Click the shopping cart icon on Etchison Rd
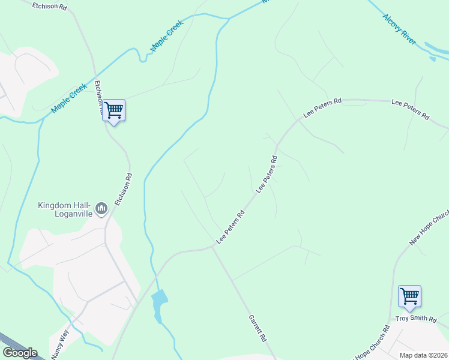[113, 110]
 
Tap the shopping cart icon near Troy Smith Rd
[409, 296]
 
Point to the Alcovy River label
[400, 27]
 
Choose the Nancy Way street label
[60, 344]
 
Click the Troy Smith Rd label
[416, 319]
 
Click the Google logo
[20, 353]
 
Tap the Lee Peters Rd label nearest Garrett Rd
[231, 227]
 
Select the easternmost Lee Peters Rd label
[411, 109]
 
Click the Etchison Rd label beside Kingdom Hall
[123, 190]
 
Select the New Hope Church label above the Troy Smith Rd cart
[429, 229]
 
